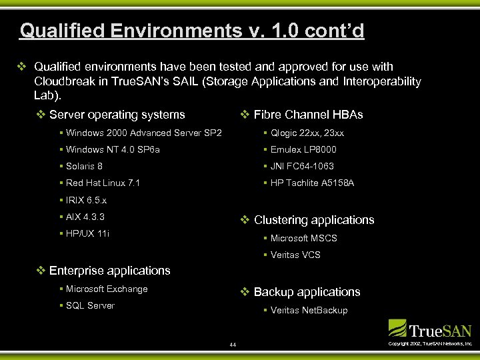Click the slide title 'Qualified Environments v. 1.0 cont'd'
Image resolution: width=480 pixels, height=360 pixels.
click(192, 31)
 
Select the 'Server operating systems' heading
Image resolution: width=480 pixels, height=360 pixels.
click(117, 115)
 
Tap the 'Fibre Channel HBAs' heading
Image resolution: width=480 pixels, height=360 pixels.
click(308, 115)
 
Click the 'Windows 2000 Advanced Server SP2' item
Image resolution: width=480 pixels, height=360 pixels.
click(144, 133)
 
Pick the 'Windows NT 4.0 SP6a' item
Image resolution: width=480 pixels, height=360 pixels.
click(113, 149)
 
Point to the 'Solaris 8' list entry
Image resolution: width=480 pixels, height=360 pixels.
click(84, 166)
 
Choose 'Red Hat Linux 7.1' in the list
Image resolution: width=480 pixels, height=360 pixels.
click(103, 183)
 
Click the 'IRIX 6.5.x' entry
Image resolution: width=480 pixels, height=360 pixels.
click(86, 200)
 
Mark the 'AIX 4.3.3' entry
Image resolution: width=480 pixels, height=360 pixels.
click(85, 217)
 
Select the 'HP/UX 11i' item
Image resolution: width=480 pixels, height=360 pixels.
click(87, 233)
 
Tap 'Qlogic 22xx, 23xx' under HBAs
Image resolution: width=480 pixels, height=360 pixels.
click(307, 133)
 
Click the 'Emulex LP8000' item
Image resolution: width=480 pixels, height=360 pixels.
click(303, 149)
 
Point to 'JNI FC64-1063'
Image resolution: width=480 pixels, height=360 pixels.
click(302, 166)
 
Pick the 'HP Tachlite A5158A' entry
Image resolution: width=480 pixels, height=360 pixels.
click(312, 183)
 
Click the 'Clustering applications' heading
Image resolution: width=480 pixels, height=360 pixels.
click(314, 220)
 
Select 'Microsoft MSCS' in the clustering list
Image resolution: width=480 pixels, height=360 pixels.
click(303, 238)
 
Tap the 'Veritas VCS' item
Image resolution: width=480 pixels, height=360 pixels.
click(295, 255)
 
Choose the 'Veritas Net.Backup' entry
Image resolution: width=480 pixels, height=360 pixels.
click(309, 310)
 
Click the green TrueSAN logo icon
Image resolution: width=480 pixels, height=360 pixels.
click(398, 328)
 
